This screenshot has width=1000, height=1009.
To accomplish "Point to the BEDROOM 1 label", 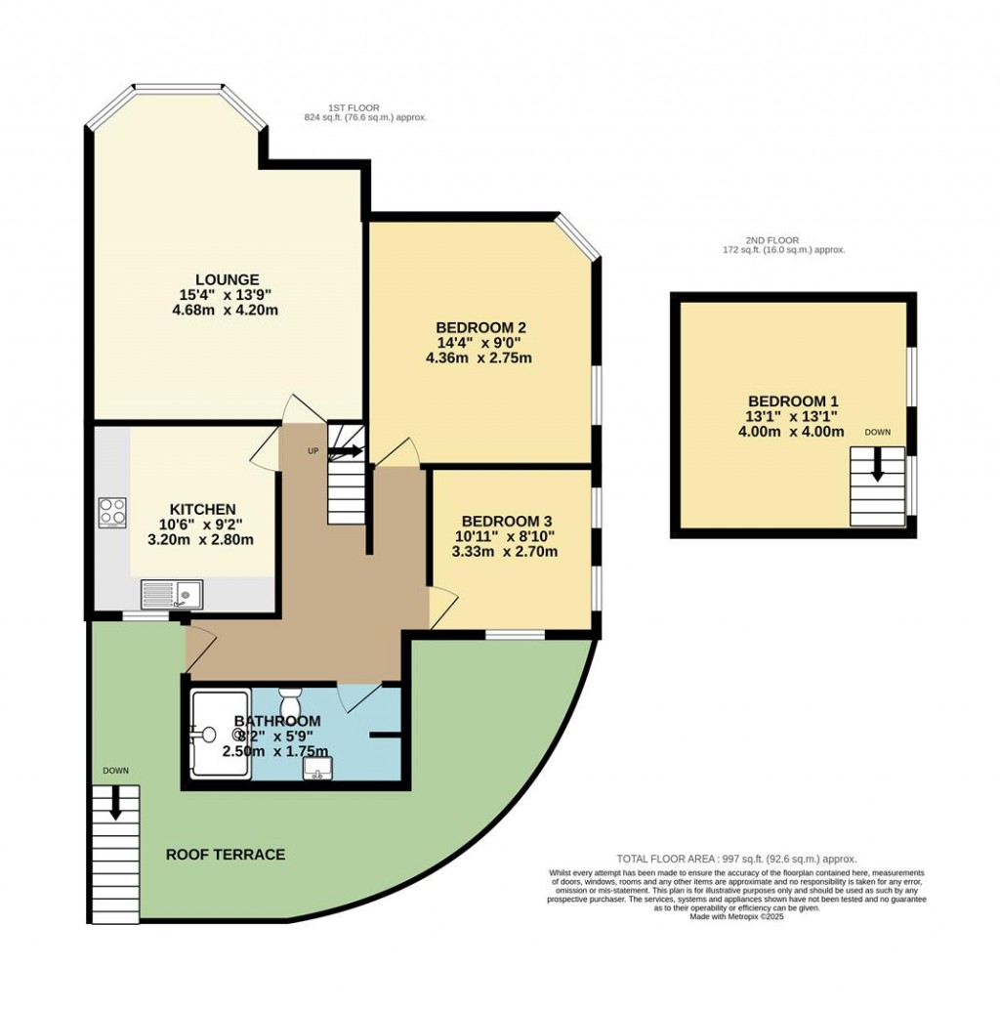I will tap(793, 400).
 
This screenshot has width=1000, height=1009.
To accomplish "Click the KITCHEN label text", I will tap(202, 509).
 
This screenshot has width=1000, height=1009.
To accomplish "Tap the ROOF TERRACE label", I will tap(226, 855).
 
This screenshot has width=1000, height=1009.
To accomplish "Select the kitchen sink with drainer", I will tap(171, 593).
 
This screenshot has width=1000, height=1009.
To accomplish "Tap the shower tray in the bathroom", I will tap(220, 735).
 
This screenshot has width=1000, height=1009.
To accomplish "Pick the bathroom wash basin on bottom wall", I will tap(315, 773).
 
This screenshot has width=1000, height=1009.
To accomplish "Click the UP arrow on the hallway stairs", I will tap(345, 451).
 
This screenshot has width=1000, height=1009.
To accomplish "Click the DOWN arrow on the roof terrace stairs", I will tap(115, 803).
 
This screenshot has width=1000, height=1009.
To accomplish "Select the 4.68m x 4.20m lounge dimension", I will tap(225, 311).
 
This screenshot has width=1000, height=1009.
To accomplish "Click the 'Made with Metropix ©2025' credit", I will tap(736, 916).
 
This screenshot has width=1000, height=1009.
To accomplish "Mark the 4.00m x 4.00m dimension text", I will tap(791, 432).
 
